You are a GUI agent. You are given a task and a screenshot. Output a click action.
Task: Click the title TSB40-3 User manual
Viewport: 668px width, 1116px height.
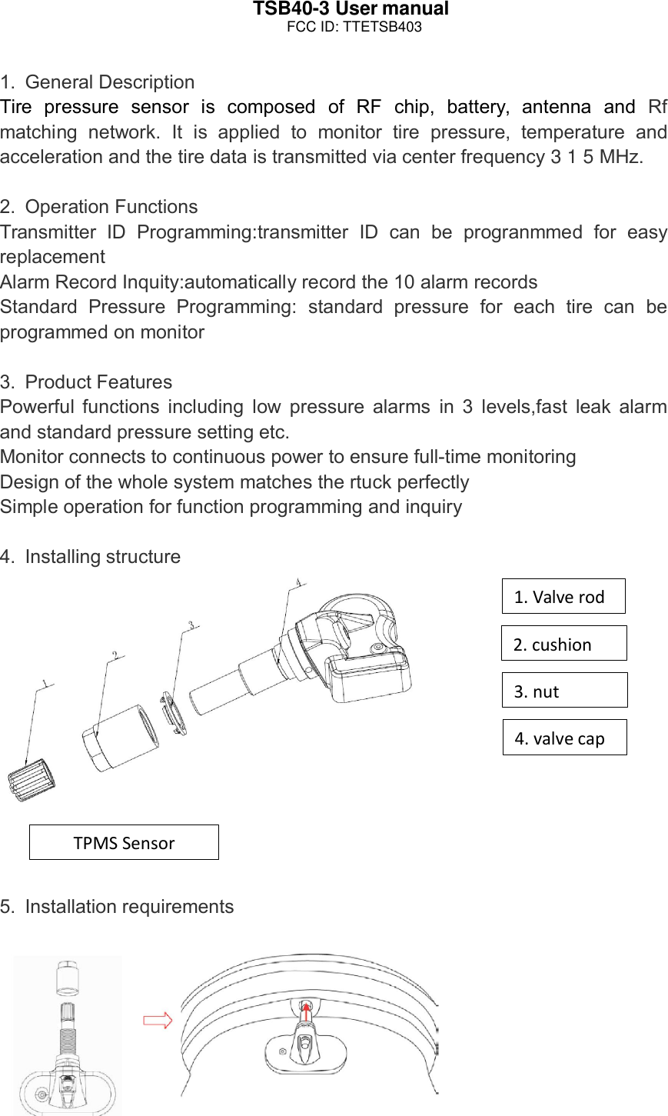(x=351, y=9)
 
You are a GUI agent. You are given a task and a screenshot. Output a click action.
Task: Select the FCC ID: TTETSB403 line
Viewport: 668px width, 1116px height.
(x=354, y=27)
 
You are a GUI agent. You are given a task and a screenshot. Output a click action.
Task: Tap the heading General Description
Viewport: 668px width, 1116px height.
(x=109, y=82)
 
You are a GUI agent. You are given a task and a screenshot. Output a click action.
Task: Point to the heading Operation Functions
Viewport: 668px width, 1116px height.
(x=111, y=207)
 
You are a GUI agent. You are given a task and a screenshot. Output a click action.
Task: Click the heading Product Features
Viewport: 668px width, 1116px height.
(x=98, y=382)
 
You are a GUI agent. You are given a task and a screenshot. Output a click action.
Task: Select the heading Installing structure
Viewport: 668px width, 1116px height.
(x=102, y=557)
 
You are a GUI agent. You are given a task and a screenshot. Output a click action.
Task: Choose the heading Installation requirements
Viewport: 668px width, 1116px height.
(x=129, y=907)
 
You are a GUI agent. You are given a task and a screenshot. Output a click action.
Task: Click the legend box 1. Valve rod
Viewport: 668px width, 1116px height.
(x=563, y=596)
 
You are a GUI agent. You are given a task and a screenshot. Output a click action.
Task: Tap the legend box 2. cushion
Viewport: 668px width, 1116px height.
(x=563, y=644)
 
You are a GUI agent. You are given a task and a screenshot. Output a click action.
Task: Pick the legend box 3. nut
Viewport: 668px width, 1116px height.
(x=564, y=691)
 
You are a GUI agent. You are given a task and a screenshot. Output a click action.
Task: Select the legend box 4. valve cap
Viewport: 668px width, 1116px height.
(x=564, y=738)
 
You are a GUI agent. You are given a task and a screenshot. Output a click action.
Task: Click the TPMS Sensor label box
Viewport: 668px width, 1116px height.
(x=124, y=842)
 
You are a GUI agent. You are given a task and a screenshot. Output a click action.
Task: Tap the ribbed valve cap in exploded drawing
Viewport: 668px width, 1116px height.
(x=32, y=779)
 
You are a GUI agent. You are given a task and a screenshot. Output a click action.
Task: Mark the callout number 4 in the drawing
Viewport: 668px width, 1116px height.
(x=297, y=583)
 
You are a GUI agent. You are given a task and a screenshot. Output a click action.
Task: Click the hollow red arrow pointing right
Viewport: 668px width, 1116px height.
(x=158, y=1021)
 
